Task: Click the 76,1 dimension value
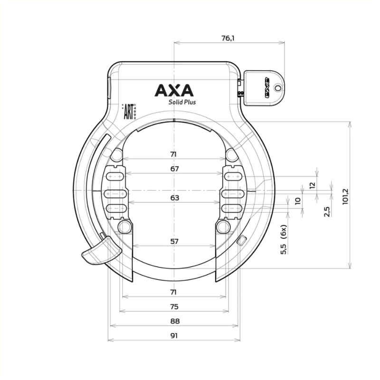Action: pos(228,38)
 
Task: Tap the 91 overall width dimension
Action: pos(174,335)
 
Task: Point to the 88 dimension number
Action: pos(174,321)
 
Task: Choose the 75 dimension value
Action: pos(174,306)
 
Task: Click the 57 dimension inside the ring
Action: pos(174,241)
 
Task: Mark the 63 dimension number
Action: pos(174,198)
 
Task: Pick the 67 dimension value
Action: pos(174,169)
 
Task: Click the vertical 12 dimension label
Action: pos(312,185)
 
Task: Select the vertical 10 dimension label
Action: pos(298,201)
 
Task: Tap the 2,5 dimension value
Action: pos(326,211)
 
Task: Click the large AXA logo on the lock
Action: pos(173,90)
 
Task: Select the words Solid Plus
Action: pos(182,102)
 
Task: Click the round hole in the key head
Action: pos(277,87)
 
